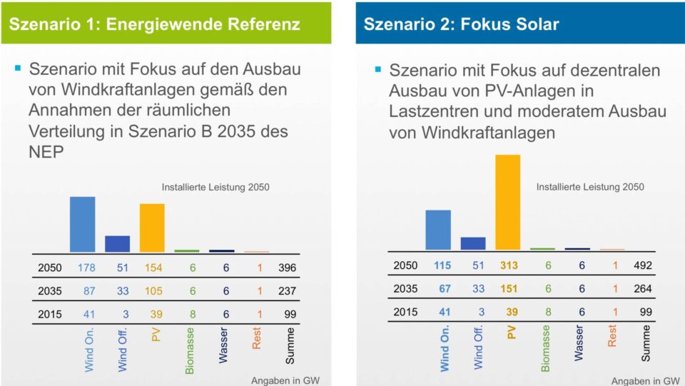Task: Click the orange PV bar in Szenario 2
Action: [507, 202]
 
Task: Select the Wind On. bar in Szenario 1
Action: [82, 224]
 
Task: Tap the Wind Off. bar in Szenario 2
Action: [472, 243]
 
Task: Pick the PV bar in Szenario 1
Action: [152, 228]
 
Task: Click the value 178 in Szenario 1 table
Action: [86, 268]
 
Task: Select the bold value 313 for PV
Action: [509, 265]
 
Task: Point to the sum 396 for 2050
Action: [288, 268]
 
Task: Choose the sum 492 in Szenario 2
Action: [644, 265]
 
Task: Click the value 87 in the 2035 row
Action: [88, 291]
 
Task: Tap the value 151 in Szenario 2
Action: [509, 289]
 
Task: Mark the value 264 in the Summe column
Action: [644, 289]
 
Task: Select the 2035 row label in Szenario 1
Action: [50, 291]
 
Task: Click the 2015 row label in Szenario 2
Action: [405, 312]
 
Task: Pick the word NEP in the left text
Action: [46, 153]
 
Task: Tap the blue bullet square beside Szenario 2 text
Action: [377, 69]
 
